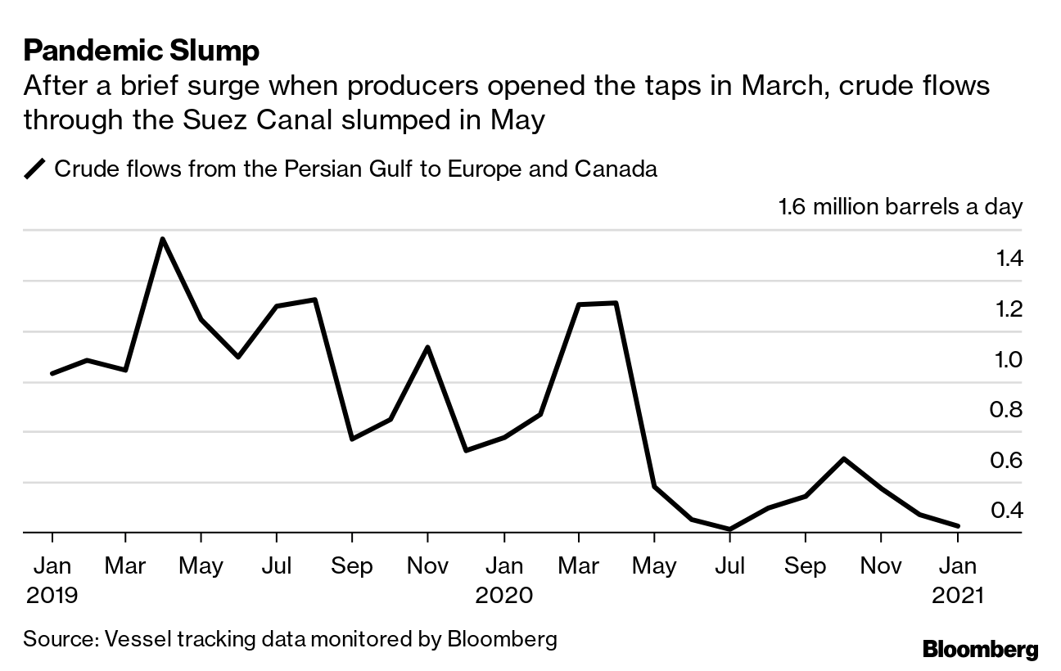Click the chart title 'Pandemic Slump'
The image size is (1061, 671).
(x=142, y=51)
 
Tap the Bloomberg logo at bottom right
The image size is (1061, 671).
(x=980, y=650)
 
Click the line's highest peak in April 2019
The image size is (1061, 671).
(x=162, y=239)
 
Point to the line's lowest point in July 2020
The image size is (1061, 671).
(x=729, y=529)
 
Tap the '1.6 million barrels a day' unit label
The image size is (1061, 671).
(x=900, y=205)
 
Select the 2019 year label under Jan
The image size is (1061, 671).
(x=52, y=594)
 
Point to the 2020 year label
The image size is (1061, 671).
(x=504, y=594)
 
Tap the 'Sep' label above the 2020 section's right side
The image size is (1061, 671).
(x=806, y=565)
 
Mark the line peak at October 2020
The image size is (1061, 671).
(x=843, y=458)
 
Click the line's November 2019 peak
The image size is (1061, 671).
(x=427, y=347)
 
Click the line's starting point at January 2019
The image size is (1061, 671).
(x=52, y=373)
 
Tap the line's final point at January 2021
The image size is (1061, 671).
(x=957, y=526)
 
